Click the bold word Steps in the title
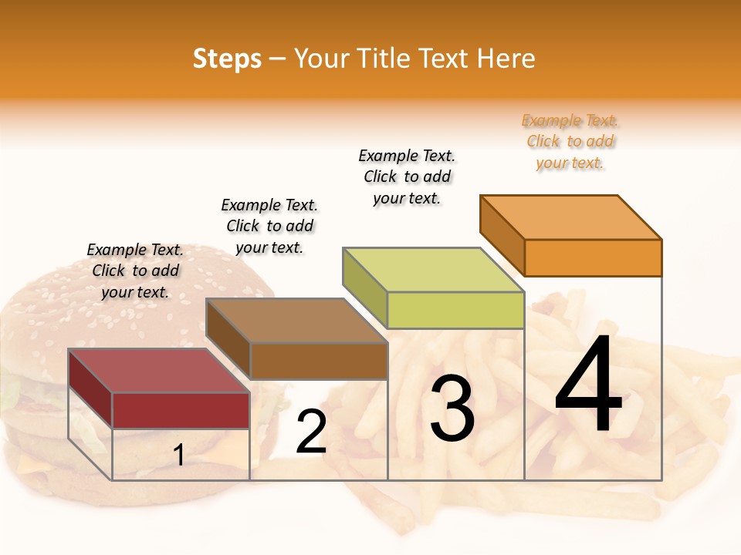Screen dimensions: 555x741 [227, 59]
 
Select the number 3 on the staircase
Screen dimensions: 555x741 [452, 409]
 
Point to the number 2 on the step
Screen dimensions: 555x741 [311, 432]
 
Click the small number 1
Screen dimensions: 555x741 [178, 456]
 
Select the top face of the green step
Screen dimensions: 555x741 [433, 270]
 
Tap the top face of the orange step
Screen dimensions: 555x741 [570, 217]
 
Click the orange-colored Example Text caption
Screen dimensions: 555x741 [570, 141]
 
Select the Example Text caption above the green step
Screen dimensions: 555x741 [407, 177]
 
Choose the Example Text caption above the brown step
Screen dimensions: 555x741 [269, 226]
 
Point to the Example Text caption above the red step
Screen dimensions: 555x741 [135, 271]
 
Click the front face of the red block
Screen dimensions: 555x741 [181, 410]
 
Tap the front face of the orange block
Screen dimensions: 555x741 [593, 257]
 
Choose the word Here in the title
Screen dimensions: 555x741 [506, 59]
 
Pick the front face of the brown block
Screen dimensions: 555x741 [318, 361]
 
